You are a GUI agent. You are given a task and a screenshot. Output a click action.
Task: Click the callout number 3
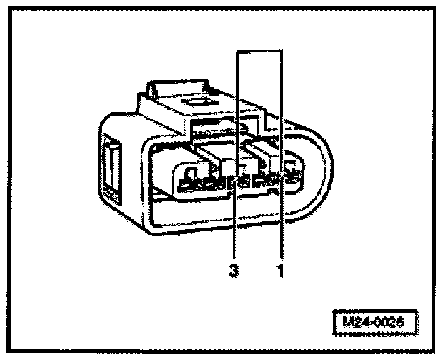pyautogui.click(x=234, y=271)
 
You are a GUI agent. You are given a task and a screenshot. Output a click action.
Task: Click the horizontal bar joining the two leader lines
pyautogui.click(x=258, y=51)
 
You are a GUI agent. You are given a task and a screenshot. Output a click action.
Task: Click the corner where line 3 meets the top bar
pyautogui.click(x=237, y=51)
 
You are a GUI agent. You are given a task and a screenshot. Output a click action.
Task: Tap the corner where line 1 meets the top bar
pyautogui.click(x=281, y=51)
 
